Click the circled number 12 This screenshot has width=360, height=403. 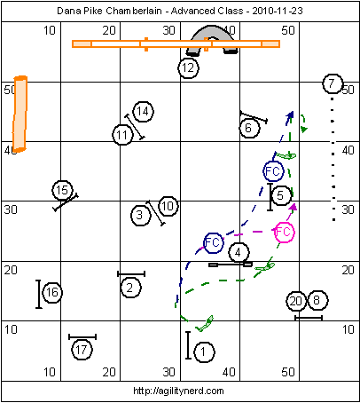click(x=188, y=68)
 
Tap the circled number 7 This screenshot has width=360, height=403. click(x=333, y=83)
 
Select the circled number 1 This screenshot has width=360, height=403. click(x=204, y=352)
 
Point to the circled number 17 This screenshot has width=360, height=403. click(x=82, y=350)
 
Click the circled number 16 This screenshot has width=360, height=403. click(x=52, y=293)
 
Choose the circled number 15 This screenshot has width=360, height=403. click(x=62, y=190)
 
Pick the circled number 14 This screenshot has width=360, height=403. click(x=144, y=112)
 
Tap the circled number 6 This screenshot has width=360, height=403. click(x=249, y=128)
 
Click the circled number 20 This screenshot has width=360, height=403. click(x=296, y=301)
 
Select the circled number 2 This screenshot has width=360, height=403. click(x=130, y=288)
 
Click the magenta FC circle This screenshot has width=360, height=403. click(x=285, y=233)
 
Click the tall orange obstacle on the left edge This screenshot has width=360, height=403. click(x=20, y=114)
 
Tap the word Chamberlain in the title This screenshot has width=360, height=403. click(x=134, y=11)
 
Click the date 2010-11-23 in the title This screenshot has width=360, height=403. click(x=278, y=11)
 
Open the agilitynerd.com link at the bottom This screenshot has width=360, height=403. click(x=178, y=391)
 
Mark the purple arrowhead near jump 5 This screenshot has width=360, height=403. click(x=293, y=207)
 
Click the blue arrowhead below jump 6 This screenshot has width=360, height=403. click(x=290, y=115)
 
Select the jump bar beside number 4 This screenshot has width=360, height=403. click(x=231, y=265)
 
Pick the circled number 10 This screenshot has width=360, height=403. click(x=168, y=206)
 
